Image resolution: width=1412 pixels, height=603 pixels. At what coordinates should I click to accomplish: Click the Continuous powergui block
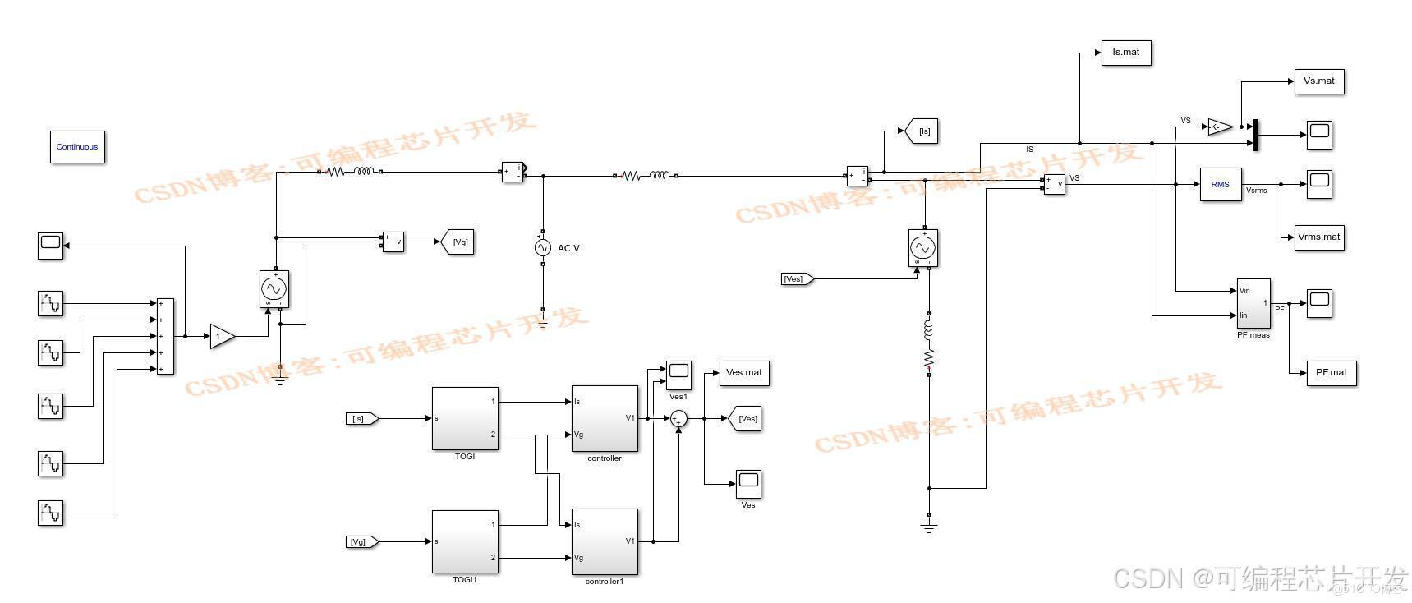tap(77, 147)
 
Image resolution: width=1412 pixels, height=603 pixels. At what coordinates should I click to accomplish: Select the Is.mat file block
tap(1125, 53)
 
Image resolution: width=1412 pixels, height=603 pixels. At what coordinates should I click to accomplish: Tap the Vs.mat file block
tap(1318, 81)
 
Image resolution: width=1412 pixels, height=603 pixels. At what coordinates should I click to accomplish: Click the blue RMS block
tap(1220, 185)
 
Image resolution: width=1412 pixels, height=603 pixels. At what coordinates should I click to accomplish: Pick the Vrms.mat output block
tap(1318, 237)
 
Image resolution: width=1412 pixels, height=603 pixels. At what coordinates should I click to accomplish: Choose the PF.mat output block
tap(1331, 373)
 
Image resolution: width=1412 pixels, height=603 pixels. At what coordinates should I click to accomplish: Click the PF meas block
tap(1253, 303)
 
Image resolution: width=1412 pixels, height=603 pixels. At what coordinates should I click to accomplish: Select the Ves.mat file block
tap(743, 373)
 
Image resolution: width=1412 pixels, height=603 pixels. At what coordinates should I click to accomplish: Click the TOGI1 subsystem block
tap(465, 541)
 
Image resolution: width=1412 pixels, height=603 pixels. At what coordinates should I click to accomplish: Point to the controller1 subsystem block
tap(605, 541)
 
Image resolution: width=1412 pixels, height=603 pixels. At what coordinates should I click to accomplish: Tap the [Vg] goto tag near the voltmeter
tap(458, 242)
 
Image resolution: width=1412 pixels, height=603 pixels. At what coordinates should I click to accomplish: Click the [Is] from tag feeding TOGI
tap(361, 419)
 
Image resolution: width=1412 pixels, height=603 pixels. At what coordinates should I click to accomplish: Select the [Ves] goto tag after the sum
tap(745, 419)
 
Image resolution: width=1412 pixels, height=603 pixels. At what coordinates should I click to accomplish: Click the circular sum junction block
tap(678, 419)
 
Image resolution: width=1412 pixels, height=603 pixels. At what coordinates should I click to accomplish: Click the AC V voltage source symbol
tap(542, 247)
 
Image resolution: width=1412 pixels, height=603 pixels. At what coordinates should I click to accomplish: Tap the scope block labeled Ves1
tap(678, 375)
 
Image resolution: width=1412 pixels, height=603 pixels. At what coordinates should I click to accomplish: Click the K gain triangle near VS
tap(1219, 127)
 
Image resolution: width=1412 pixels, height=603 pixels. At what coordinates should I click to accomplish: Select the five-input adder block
tap(165, 337)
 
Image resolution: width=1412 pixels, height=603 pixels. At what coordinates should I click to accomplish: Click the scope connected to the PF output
tap(1319, 303)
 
